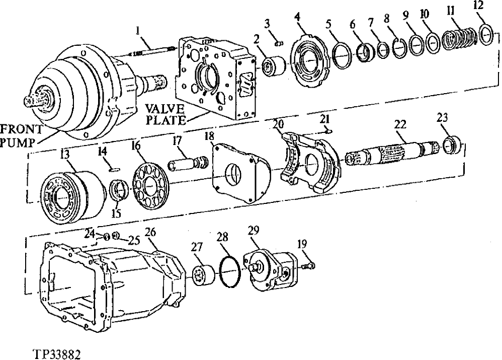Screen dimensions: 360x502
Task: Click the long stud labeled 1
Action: tap(150, 50)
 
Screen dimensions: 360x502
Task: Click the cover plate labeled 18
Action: tap(236, 172)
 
